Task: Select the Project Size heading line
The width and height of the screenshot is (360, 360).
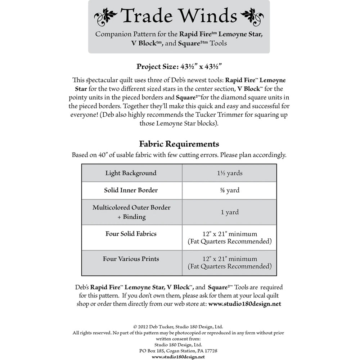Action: point(179,66)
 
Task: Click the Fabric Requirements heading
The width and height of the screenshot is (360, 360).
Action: point(179,144)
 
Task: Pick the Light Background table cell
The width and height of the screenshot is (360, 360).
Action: point(131,173)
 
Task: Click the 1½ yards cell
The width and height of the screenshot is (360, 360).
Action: point(229,173)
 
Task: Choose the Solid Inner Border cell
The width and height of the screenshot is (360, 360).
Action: point(131,190)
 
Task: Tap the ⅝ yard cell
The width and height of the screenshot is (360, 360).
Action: point(229,190)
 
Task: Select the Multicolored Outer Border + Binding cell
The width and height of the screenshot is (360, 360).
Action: point(131,212)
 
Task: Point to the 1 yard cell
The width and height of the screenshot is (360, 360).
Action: point(229,212)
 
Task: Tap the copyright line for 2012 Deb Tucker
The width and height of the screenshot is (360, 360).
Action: point(178,327)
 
